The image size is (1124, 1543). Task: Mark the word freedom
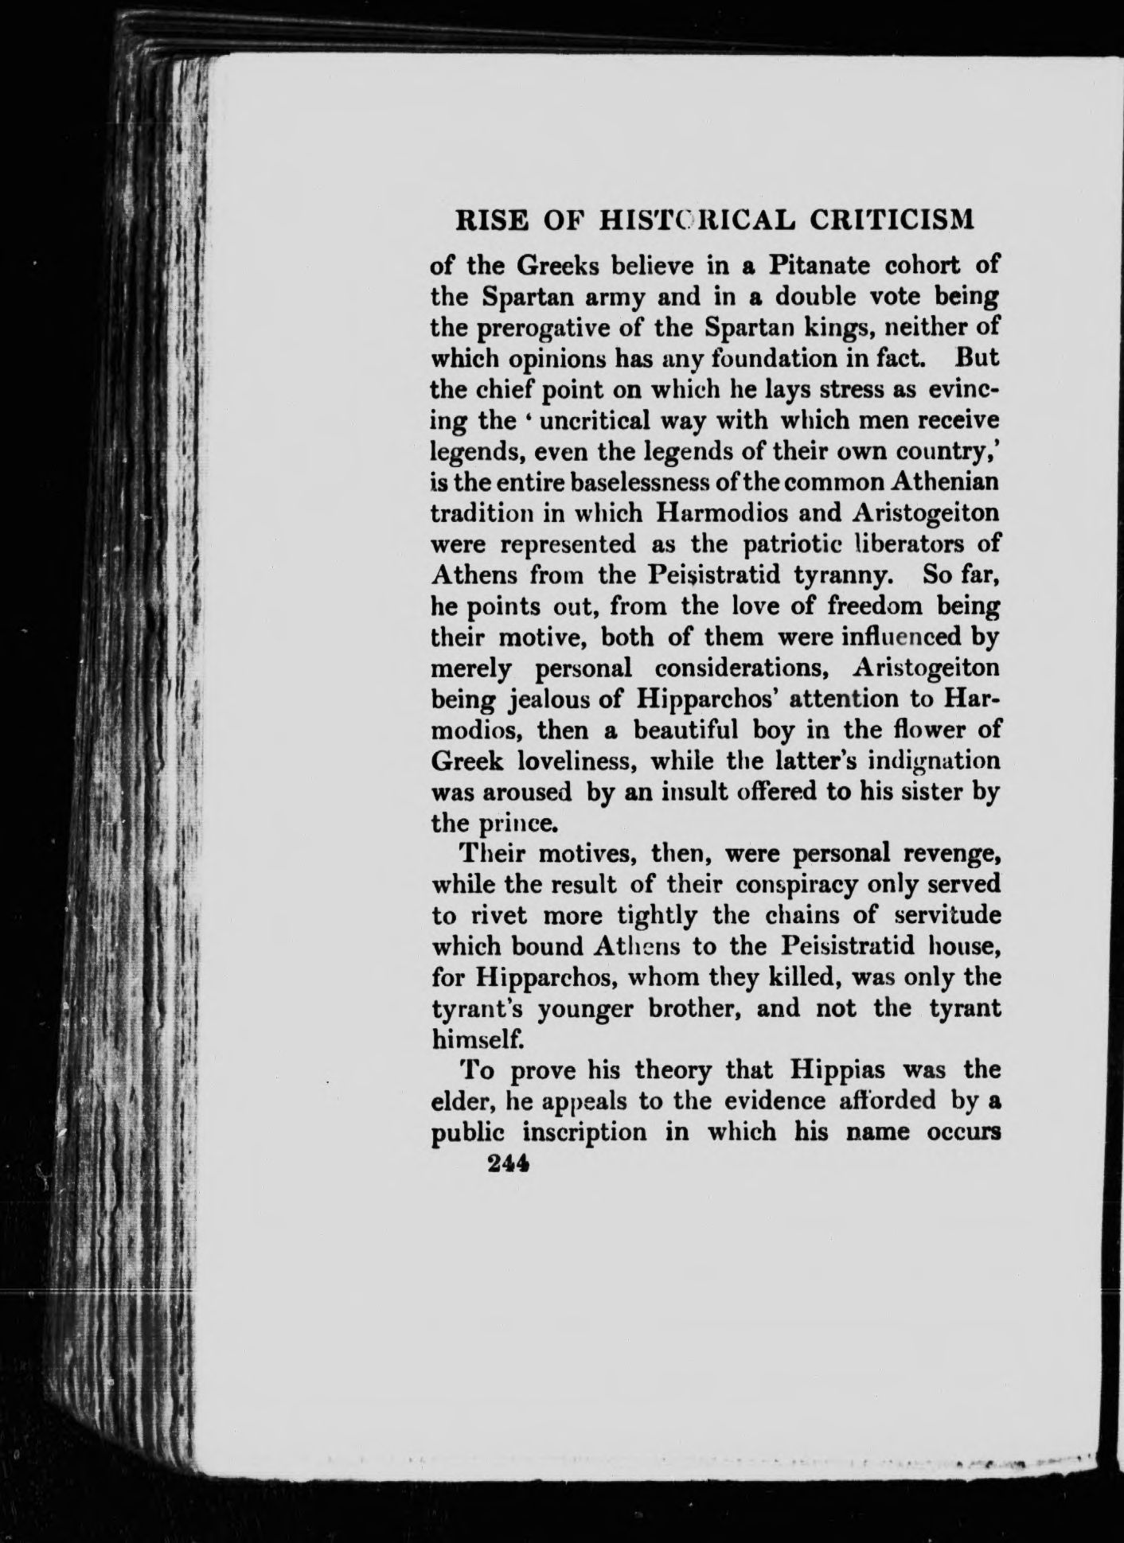click(849, 606)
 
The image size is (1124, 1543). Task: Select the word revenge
click(950, 853)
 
